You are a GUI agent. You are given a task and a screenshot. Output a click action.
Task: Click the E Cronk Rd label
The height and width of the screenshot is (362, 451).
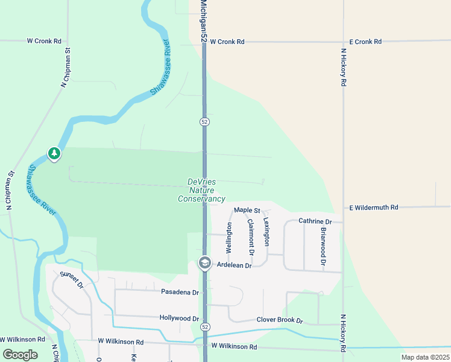pos(361,42)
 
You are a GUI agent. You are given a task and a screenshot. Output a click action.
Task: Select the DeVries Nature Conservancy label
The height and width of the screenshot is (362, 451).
pos(201,190)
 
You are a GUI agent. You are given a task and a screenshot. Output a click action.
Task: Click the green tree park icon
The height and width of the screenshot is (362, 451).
pos(54,154)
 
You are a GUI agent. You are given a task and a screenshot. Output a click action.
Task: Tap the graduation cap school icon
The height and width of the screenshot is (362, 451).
pos(204,264)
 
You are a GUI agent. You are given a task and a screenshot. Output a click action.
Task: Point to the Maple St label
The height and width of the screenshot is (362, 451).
pos(247,211)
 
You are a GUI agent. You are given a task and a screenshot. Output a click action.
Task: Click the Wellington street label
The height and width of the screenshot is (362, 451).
pos(229,237)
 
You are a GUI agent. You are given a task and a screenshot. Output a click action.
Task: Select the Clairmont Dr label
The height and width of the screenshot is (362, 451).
pos(251,236)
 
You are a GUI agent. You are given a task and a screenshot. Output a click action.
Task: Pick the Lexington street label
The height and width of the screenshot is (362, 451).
pos(266,232)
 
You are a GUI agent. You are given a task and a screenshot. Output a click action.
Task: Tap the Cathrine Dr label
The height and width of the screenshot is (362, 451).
pos(315,221)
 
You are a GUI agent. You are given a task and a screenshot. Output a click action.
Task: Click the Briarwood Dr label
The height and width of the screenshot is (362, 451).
pos(323,247)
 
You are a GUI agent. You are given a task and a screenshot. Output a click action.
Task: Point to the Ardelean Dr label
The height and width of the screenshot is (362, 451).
pos(234,265)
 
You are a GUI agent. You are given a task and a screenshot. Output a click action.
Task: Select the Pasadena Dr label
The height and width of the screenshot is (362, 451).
pos(180,292)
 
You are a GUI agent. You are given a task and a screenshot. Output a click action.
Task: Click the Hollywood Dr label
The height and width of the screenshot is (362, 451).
pos(179,318)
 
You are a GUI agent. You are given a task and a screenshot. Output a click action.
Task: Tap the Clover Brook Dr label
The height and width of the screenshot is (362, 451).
pos(279,320)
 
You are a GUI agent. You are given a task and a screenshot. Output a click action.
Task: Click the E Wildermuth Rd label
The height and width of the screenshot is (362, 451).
pos(374,208)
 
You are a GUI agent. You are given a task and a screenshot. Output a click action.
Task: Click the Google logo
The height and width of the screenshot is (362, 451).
pos(20,355)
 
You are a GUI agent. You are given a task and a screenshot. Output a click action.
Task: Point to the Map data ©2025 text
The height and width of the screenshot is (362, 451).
pos(424,357)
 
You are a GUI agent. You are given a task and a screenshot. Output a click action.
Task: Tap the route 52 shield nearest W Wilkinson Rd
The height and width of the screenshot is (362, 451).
pos(206,327)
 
